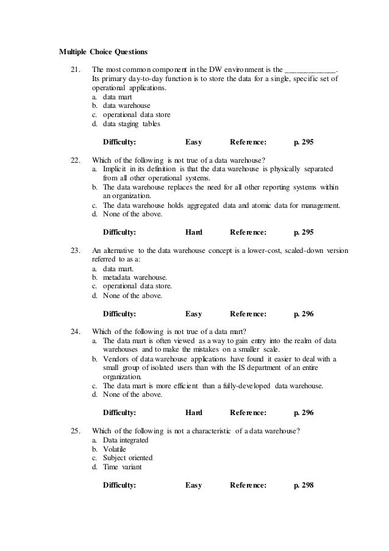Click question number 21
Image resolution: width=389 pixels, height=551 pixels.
76,71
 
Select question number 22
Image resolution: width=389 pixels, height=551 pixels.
76,160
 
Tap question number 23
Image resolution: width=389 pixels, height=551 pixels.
76,250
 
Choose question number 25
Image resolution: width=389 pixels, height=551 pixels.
76,431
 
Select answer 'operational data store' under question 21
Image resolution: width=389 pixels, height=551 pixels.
137,115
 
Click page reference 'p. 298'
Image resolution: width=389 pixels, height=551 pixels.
304,485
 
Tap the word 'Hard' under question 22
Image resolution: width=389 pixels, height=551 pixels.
193,232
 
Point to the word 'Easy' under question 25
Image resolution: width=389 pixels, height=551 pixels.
193,485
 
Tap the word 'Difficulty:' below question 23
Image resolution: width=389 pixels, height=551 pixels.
120,314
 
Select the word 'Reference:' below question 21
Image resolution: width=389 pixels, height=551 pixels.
248,142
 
